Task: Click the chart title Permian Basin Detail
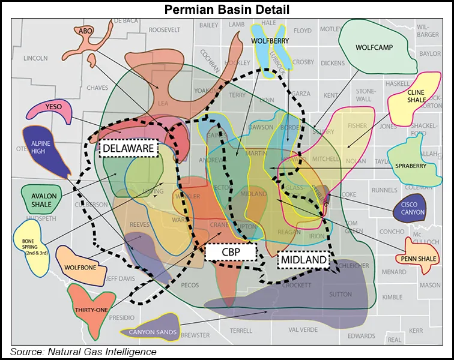pyautogui.click(x=227, y=10)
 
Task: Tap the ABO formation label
pyautogui.click(x=84, y=30)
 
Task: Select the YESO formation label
pyautogui.click(x=53, y=107)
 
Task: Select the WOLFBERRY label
pyautogui.click(x=271, y=41)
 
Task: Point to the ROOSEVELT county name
pyautogui.click(x=165, y=29)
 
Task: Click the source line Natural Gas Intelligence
pyautogui.click(x=83, y=352)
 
